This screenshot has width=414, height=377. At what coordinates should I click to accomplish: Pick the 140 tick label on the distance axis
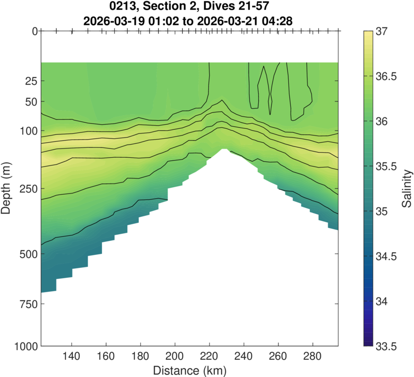click(x=71, y=357)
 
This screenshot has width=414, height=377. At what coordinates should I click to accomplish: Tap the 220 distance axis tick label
click(x=210, y=357)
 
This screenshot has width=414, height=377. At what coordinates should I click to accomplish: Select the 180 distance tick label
click(x=141, y=357)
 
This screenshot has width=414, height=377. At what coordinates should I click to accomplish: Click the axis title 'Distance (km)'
click(x=189, y=370)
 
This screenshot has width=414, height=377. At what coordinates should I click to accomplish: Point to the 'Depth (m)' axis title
click(x=9, y=188)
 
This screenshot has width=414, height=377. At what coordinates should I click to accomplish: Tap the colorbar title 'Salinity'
click(x=408, y=188)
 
